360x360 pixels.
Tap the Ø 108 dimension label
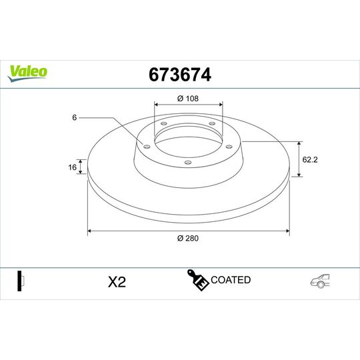tap(188, 98)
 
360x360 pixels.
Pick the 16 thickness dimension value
tap(73, 167)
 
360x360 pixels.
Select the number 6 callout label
tap(75, 117)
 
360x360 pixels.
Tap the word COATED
tap(230, 280)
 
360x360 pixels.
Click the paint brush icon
tap(198, 281)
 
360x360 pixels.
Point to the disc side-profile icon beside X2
tap(20, 281)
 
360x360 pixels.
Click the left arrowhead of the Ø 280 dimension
tap(89, 231)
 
